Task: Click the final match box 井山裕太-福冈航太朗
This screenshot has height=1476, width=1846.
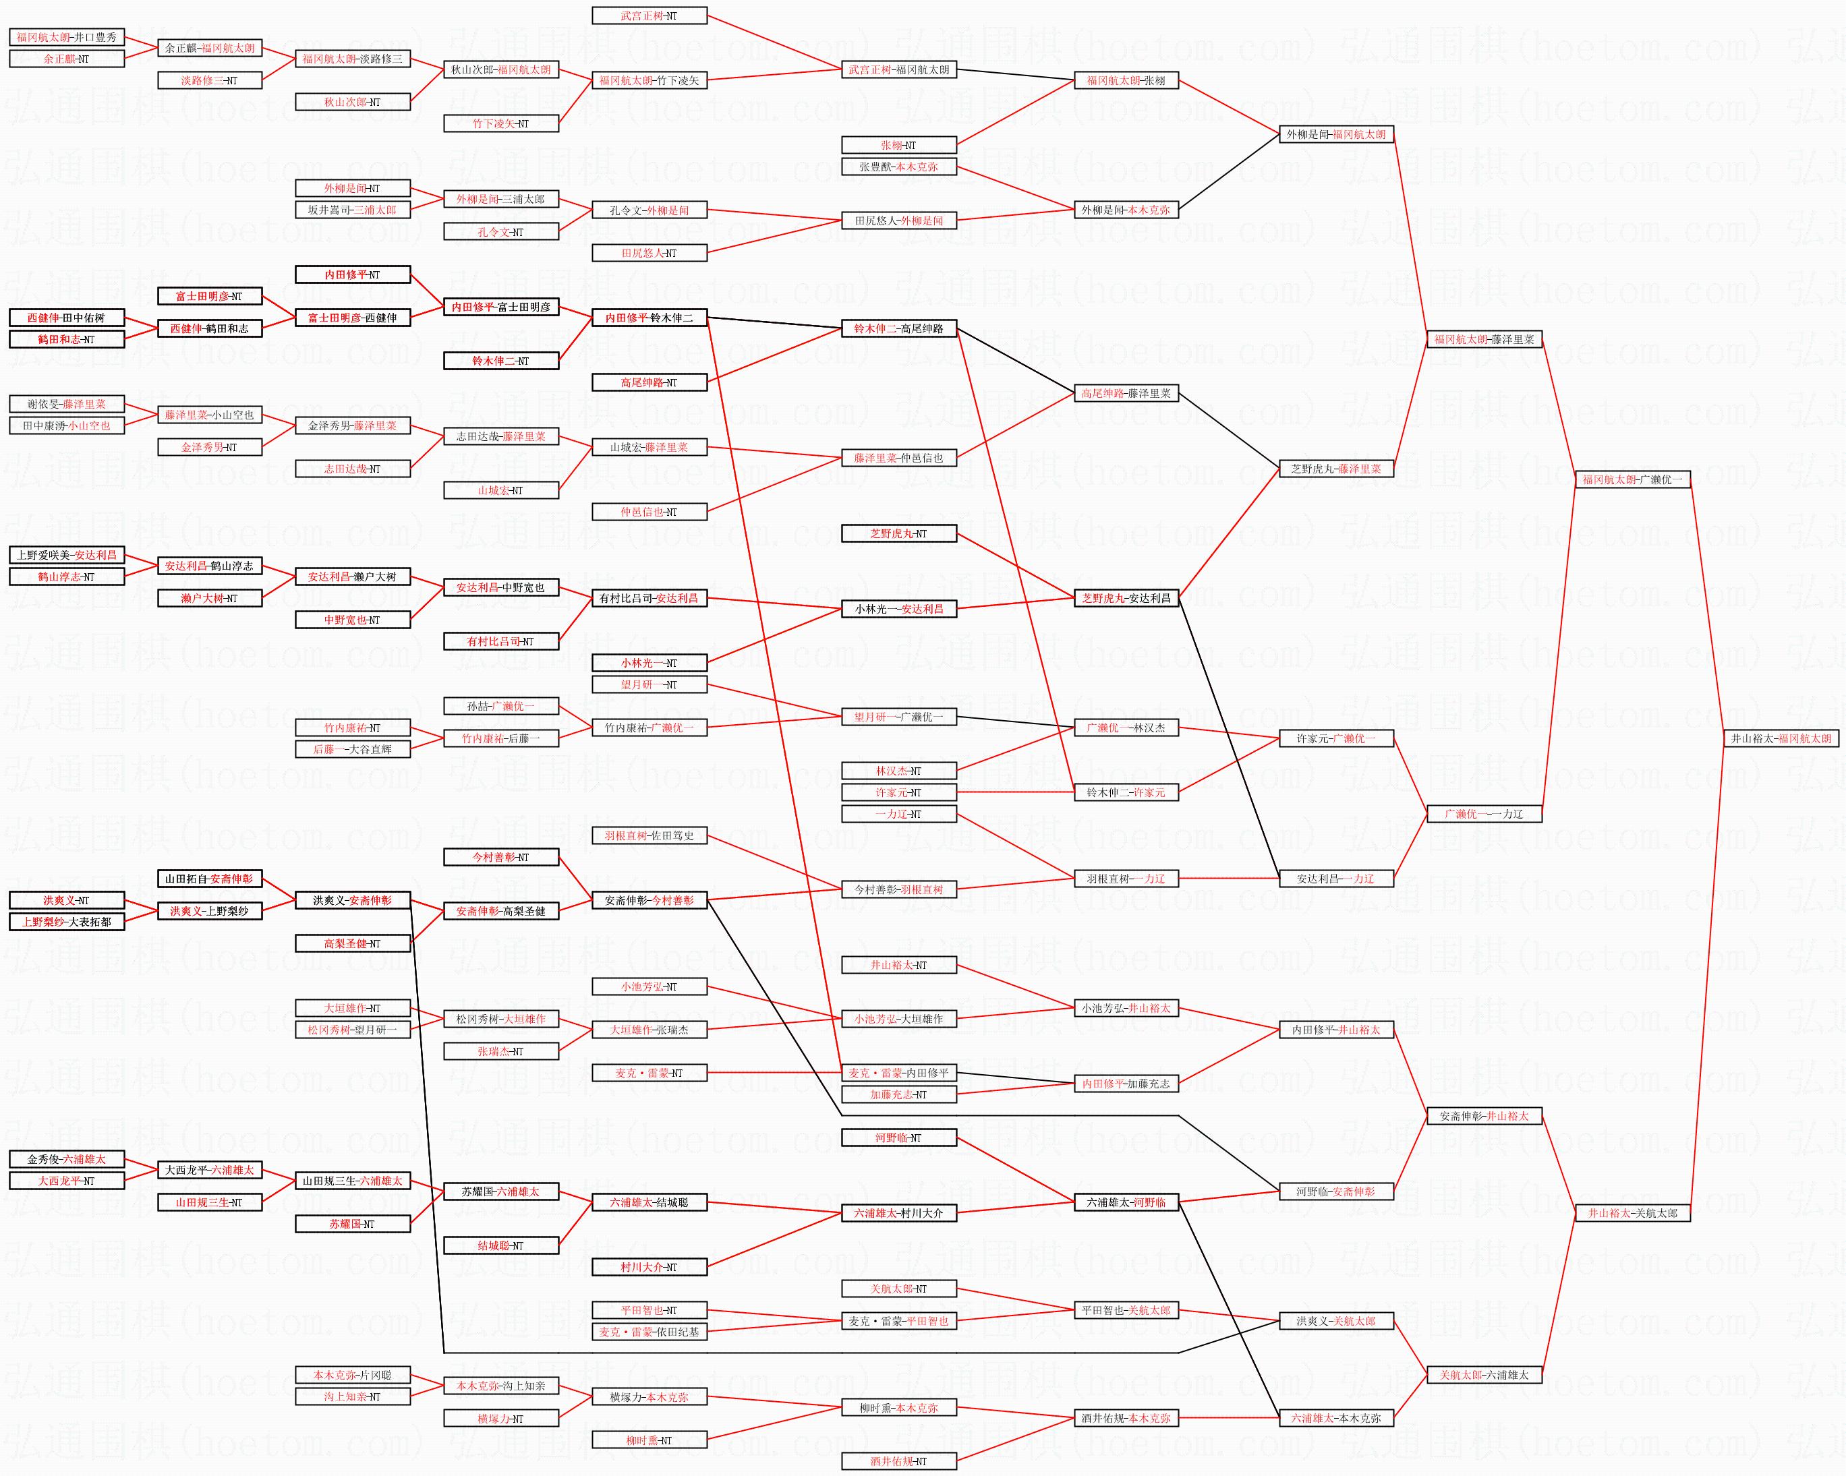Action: (1781, 738)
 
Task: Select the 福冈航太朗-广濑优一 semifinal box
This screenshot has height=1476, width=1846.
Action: (1633, 479)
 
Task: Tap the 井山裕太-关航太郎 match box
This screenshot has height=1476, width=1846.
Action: (1633, 1213)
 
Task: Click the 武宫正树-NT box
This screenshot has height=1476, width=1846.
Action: (649, 16)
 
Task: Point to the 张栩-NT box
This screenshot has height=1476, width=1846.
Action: (898, 146)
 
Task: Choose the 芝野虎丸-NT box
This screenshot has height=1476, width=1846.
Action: (898, 533)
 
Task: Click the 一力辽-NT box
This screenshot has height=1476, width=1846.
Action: (898, 815)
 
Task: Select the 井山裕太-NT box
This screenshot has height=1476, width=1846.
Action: (898, 965)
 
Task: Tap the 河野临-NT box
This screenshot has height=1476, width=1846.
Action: (898, 1138)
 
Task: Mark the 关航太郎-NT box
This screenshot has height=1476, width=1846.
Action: (898, 1289)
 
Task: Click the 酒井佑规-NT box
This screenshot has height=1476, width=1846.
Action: (898, 1461)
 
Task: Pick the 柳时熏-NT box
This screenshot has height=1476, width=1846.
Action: (649, 1440)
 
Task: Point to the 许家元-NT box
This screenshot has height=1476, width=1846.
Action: (898, 793)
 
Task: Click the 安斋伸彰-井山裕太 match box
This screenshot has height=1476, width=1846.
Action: (1484, 1117)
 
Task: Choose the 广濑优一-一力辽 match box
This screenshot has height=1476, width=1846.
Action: (1484, 815)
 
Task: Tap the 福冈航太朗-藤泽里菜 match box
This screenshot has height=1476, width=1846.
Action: (1484, 339)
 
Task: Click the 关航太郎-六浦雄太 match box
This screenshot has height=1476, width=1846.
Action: (1484, 1375)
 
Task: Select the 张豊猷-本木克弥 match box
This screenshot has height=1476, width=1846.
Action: (898, 167)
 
